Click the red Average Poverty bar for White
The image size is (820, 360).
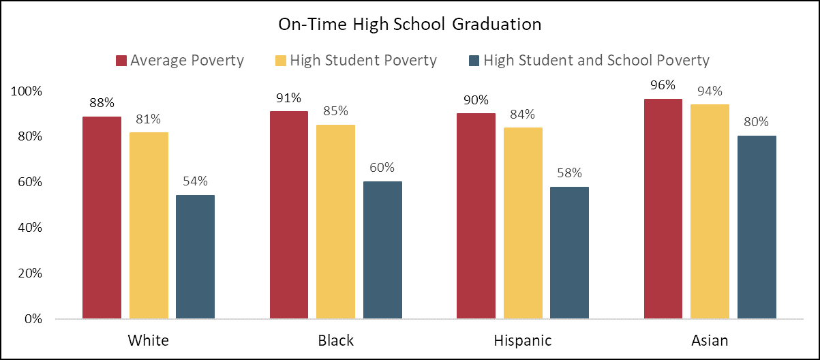tap(102, 217)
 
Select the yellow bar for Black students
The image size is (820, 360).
tap(335, 222)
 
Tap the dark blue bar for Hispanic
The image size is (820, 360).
tap(569, 252)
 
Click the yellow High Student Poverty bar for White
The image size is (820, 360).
tap(149, 225)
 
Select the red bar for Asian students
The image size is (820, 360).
tap(663, 209)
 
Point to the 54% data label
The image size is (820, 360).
tap(195, 181)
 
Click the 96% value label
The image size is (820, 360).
tap(663, 85)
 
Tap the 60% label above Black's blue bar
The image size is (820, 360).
tap(382, 168)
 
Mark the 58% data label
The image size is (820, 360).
tap(569, 173)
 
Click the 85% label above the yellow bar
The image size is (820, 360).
tap(335, 111)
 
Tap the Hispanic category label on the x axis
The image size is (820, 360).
tap(522, 340)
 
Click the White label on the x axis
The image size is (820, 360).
tap(148, 340)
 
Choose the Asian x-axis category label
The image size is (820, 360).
tap(710, 340)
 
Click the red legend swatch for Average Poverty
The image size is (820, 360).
tap(121, 61)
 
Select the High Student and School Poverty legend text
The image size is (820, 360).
tap(596, 61)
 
